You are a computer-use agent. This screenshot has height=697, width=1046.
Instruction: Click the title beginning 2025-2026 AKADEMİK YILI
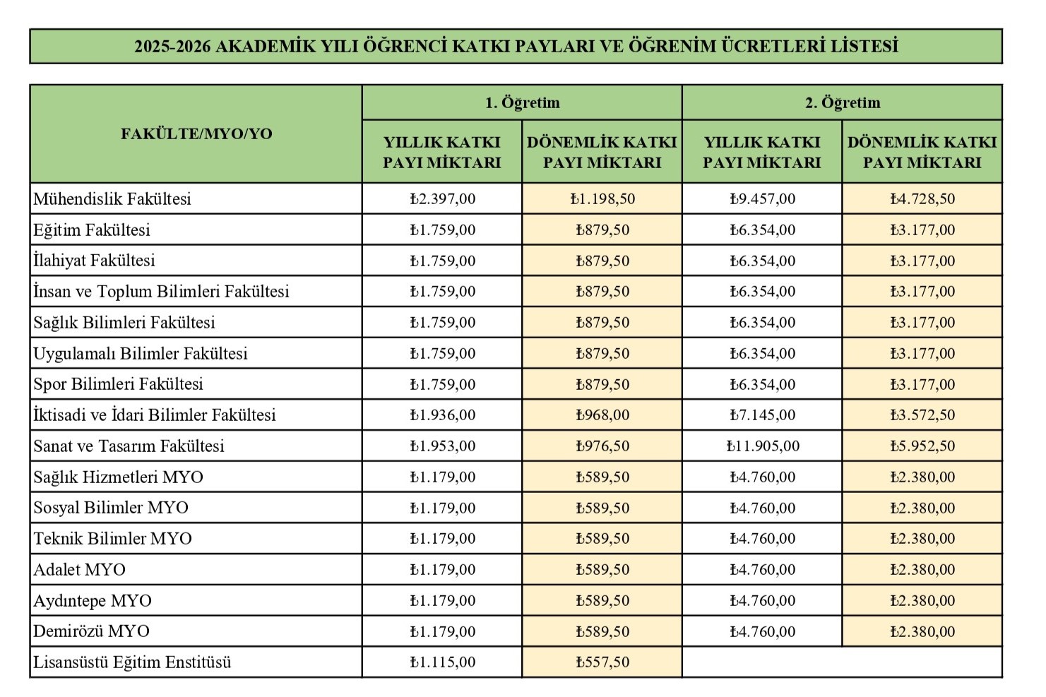[516, 47]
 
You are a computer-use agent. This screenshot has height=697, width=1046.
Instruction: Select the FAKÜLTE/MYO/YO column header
[196, 134]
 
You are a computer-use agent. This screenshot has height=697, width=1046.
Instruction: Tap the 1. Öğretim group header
[522, 103]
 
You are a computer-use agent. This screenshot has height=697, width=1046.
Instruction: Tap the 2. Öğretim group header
[842, 103]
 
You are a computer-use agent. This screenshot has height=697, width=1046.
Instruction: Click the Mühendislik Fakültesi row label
[112, 199]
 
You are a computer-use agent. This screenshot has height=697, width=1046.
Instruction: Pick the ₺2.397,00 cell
[442, 199]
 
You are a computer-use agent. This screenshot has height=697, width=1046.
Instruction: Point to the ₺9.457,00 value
[762, 199]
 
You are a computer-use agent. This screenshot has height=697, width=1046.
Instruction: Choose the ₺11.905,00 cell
[762, 446]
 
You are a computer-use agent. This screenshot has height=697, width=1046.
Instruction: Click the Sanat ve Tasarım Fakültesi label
[129, 446]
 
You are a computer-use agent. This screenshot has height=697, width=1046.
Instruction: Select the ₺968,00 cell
[602, 415]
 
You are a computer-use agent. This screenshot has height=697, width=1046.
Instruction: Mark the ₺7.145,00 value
[762, 415]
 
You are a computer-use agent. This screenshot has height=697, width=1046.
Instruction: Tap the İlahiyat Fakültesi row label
[94, 261]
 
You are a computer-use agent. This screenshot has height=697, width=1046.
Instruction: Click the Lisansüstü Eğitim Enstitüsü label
[132, 662]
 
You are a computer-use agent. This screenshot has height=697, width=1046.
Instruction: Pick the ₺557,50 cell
[602, 662]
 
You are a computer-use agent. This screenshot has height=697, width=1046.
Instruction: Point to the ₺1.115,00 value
[442, 662]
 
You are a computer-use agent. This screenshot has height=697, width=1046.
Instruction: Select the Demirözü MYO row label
[91, 631]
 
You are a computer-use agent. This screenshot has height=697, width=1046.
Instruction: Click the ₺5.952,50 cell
[922, 446]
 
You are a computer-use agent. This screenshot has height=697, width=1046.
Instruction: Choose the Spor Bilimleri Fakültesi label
[118, 384]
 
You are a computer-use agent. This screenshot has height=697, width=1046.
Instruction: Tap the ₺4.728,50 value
[922, 199]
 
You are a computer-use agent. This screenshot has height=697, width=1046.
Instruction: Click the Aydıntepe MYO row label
[93, 601]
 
